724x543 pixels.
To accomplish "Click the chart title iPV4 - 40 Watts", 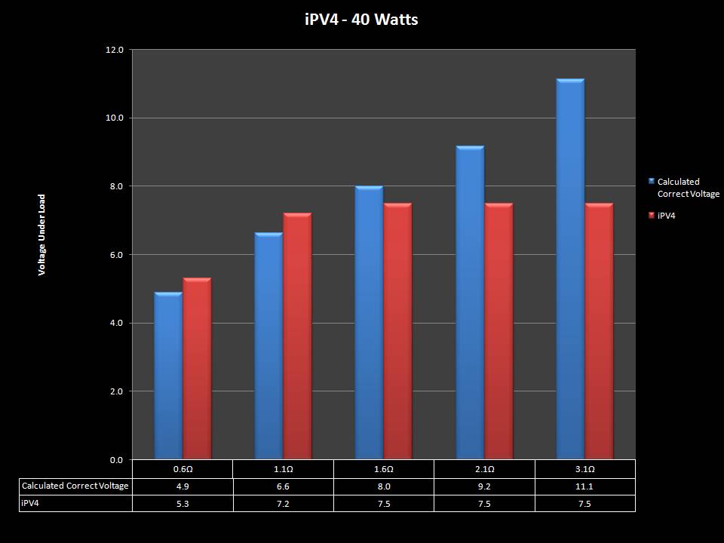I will pyautogui.click(x=361, y=20).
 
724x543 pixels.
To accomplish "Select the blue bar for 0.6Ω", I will pyautogui.click(x=167, y=377).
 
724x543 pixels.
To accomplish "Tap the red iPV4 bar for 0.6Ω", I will pyautogui.click(x=197, y=370).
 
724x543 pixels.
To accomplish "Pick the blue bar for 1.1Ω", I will pyautogui.click(x=268, y=347).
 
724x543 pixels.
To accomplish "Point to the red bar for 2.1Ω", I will pyautogui.click(x=498, y=332).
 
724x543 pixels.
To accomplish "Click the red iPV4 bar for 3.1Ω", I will pyautogui.click(x=599, y=332).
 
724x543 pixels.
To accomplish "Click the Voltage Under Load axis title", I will pyautogui.click(x=42, y=235).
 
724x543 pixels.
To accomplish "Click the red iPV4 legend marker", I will pyautogui.click(x=652, y=216).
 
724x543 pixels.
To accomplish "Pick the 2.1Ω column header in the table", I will pyautogui.click(x=484, y=469).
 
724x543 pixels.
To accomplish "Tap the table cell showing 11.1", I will pyautogui.click(x=584, y=486).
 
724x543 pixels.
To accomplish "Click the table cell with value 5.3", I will pyautogui.click(x=182, y=504).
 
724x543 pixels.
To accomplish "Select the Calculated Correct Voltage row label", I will pyautogui.click(x=75, y=486).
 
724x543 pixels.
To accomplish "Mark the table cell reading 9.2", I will pyautogui.click(x=484, y=486).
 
